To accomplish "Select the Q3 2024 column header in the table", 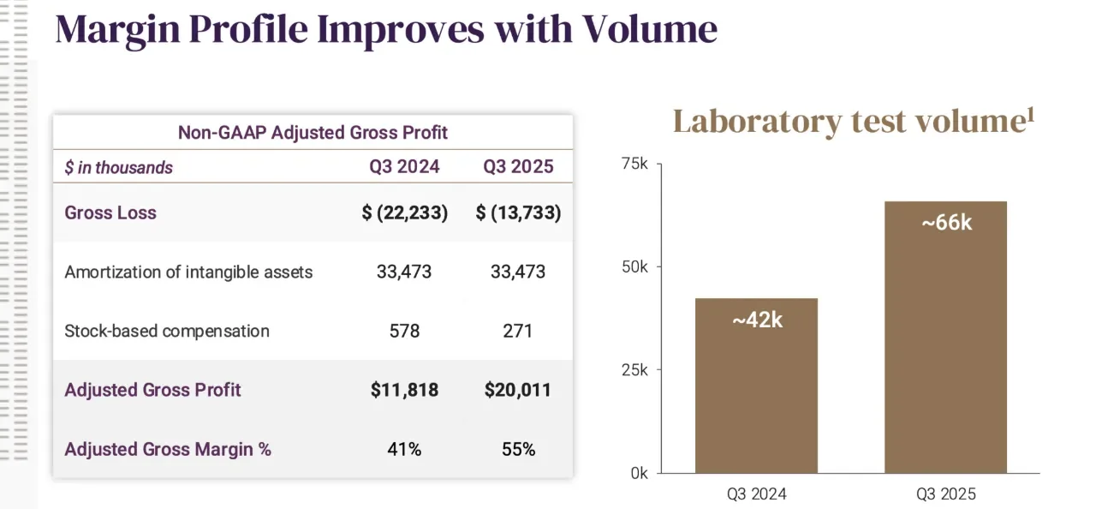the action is coord(404,167).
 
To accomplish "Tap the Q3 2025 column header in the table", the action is coord(518,167).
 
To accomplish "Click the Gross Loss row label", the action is coord(110,213).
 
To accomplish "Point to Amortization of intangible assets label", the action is coord(188,272).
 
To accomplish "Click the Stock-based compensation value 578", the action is coord(404,332).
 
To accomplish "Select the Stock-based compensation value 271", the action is coord(518,332).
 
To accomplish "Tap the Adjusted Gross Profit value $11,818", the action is coord(404,390).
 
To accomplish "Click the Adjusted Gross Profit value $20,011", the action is coord(518,390).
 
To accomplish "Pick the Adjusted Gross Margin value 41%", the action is coord(404,449).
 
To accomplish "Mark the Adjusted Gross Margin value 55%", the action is coord(518,449).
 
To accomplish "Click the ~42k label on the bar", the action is coord(757,320).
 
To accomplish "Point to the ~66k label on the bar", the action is coord(946,223).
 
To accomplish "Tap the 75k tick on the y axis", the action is coord(634,164).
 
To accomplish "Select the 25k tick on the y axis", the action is coord(634,370).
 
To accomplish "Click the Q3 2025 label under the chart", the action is coord(946,494).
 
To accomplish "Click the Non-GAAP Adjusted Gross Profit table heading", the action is coord(313,133).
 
